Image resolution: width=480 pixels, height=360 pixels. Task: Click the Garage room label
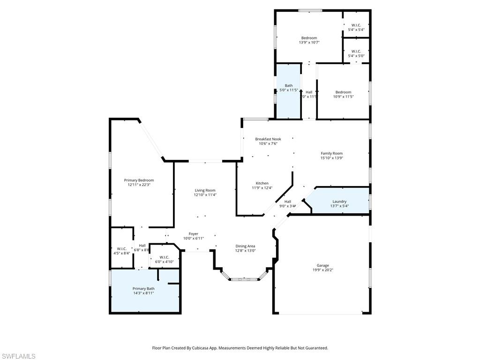tap(322, 265)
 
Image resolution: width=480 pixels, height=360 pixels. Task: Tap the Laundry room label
tap(339, 201)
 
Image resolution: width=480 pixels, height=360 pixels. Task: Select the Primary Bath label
tap(143, 288)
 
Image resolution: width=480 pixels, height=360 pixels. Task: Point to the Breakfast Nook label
tap(268, 139)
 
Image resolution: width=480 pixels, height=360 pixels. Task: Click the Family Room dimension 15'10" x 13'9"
tap(332, 158)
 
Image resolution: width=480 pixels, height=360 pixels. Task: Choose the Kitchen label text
tap(262, 183)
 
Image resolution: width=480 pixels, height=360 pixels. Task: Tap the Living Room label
tap(205, 190)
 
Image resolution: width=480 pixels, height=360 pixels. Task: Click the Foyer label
tap(194, 233)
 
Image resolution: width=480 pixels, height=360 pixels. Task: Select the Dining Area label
tap(245, 246)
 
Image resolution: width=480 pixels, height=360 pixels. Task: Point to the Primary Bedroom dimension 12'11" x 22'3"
tap(139, 185)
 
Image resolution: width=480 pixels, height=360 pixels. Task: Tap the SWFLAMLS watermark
tap(18, 356)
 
